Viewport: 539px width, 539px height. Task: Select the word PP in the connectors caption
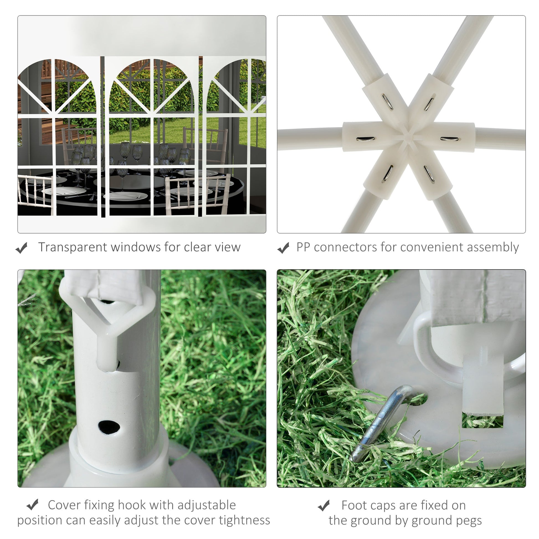coord(303,247)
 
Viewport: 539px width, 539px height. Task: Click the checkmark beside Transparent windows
coord(22,248)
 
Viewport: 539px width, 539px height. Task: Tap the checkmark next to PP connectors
coord(283,248)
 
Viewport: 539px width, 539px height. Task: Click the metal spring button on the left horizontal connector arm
coord(366,139)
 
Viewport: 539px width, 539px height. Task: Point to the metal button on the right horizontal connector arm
coord(449,139)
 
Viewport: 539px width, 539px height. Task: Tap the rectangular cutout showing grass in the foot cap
coord(483,421)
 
